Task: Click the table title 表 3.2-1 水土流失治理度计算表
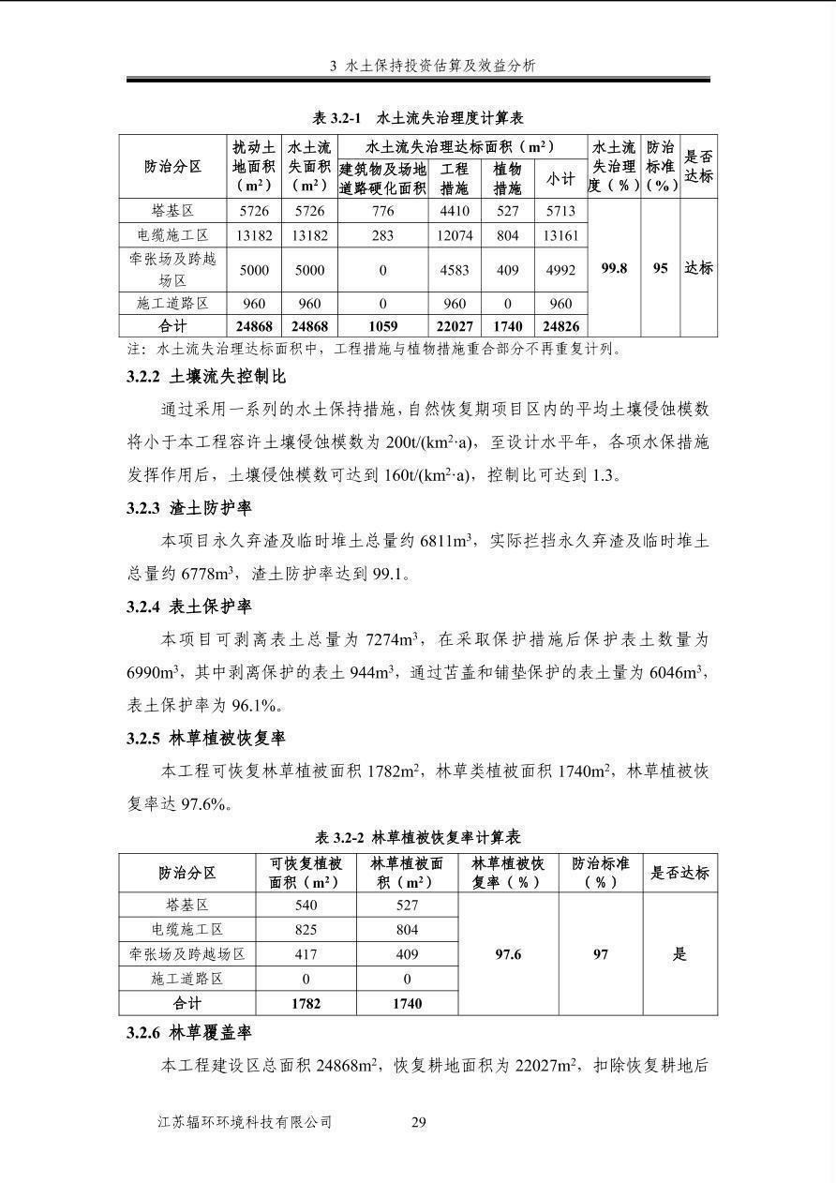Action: [418, 118]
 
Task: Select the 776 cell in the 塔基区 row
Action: [382, 212]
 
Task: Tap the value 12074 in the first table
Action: [455, 236]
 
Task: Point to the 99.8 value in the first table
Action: [614, 268]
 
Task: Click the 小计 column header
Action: [560, 178]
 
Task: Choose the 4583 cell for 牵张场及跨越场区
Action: [455, 270]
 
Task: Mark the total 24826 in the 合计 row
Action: [560, 327]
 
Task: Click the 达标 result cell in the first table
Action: [698, 268]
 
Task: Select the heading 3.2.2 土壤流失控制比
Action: [206, 377]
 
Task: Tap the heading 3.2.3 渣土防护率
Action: [189, 508]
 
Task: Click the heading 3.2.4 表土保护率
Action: [189, 606]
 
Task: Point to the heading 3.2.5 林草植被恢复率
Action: [206, 738]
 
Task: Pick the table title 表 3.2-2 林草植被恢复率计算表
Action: [418, 837]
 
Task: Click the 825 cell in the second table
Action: [306, 930]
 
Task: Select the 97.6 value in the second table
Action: [508, 954]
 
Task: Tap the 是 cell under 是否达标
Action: [679, 954]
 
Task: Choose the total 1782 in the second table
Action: [306, 1003]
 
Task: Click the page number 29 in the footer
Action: [419, 1122]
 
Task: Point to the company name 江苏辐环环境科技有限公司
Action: [246, 1122]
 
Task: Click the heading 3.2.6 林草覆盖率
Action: [189, 1033]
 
